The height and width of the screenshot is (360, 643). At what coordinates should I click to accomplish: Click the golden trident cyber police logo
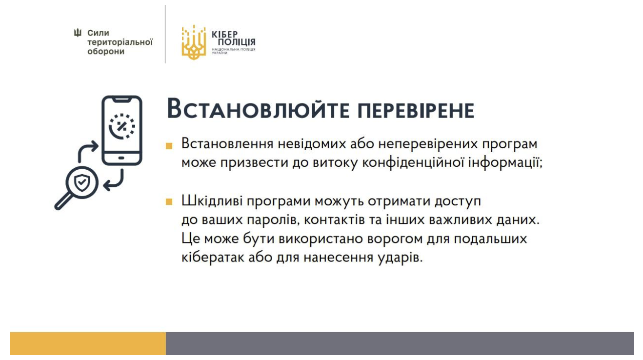pos(194,42)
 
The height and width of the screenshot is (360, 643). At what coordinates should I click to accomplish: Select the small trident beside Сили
pos(78,33)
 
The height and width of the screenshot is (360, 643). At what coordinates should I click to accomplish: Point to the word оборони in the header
pos(106,51)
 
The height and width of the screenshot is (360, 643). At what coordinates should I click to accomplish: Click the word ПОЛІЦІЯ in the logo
pos(237,42)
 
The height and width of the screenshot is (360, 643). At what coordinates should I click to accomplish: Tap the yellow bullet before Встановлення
pos(169,146)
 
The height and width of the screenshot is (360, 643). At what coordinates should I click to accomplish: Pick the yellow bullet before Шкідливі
pos(169,202)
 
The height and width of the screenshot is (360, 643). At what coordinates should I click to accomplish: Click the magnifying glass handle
pos(63,201)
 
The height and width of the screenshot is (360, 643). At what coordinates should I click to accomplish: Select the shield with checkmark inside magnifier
pos(82,182)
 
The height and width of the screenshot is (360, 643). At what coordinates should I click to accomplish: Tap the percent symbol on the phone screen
pos(121,126)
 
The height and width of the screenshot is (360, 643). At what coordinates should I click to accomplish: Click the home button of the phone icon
pos(121,158)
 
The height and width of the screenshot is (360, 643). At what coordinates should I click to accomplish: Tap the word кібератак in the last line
pos(213,257)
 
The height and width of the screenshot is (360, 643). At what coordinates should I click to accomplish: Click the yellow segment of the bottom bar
pos(88,343)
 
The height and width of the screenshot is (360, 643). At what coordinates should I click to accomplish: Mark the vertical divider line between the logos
pos(165,34)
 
